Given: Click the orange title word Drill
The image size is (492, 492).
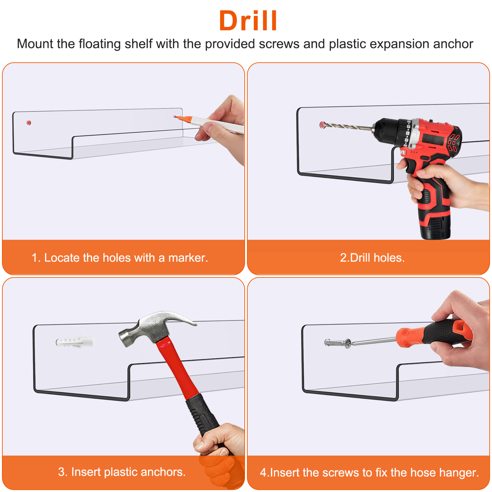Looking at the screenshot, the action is click(248, 21).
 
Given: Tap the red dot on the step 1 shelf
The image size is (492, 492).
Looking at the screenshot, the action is click(29, 123).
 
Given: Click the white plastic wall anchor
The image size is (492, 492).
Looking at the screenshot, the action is click(75, 342).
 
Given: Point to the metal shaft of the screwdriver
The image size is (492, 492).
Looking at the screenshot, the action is click(374, 341).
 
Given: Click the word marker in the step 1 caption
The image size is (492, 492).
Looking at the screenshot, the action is click(188, 258).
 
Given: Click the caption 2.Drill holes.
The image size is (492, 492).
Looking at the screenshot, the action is click(372, 257).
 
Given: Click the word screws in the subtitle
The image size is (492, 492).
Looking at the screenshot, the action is click(279, 44).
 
